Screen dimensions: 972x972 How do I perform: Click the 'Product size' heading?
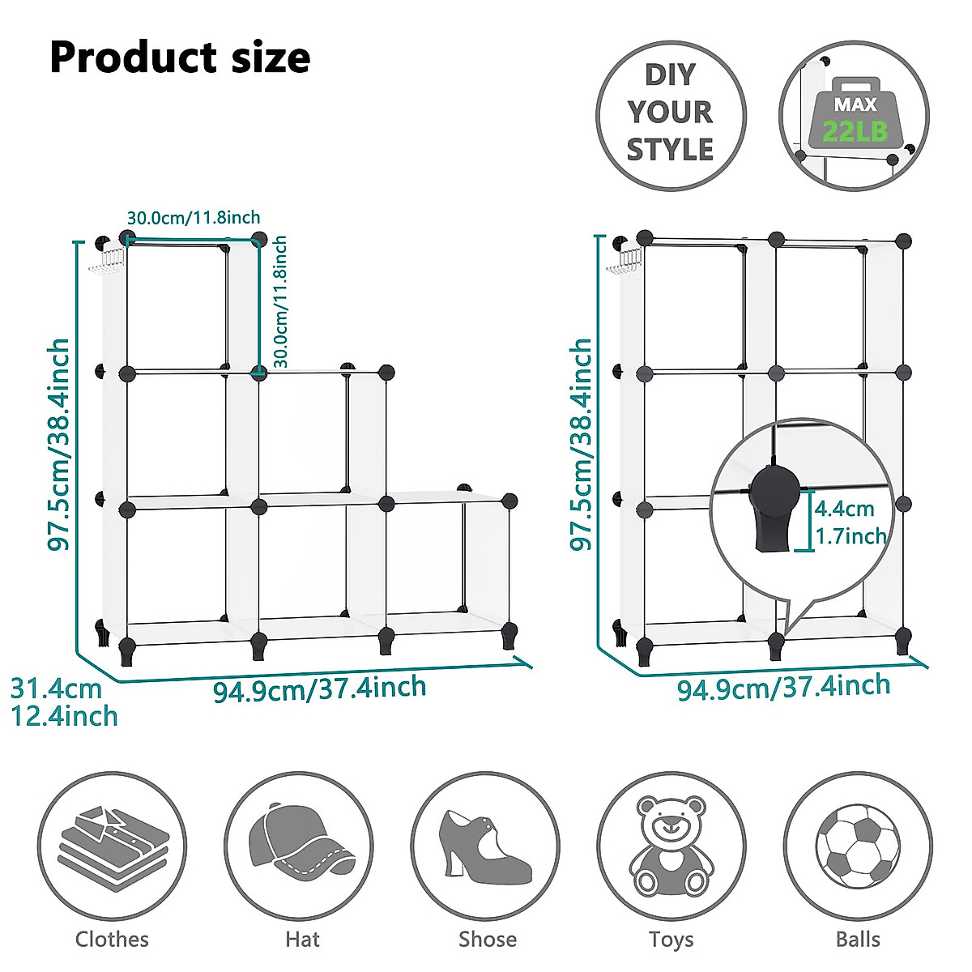click(x=180, y=58)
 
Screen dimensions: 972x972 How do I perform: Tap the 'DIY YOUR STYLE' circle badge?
click(x=671, y=113)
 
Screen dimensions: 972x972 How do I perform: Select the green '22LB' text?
click(x=855, y=131)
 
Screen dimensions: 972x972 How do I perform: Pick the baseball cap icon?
click(x=300, y=845)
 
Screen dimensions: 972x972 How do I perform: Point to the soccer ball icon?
click(x=858, y=846)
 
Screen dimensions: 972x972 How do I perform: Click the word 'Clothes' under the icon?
click(x=112, y=940)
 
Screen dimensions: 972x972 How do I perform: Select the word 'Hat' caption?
click(x=302, y=940)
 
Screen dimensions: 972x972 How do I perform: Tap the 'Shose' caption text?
click(x=487, y=940)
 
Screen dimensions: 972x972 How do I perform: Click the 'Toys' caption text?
click(x=671, y=940)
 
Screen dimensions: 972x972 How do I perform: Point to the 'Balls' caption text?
click(x=858, y=940)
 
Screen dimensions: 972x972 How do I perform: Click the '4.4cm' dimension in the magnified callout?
click(x=844, y=509)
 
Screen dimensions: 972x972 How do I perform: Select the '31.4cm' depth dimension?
click(x=56, y=689)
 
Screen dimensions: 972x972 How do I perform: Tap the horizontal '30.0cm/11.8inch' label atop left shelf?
click(x=194, y=217)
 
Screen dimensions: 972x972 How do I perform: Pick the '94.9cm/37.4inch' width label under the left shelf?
click(x=319, y=689)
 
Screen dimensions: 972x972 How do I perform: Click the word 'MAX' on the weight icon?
click(x=855, y=104)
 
